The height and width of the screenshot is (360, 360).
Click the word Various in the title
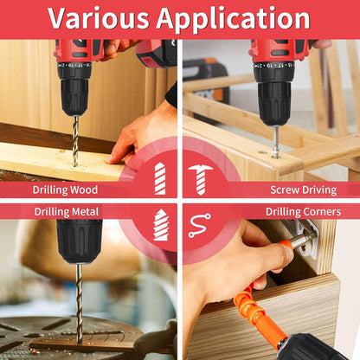coord(98,18)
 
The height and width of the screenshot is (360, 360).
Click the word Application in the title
coord(233,19)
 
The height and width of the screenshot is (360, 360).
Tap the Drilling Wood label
coord(65,190)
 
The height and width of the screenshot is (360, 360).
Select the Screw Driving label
coord(304,190)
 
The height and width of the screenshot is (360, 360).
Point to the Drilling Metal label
coord(67,212)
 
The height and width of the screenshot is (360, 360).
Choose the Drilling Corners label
coord(303,212)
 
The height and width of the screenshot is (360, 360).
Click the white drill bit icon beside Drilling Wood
coord(160,178)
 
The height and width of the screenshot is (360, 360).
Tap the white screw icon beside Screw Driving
coord(201,179)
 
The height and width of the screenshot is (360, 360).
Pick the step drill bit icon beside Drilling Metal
coord(160,225)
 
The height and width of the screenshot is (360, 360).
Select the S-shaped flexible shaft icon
coord(200,226)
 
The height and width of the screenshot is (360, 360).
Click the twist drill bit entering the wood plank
coord(75,141)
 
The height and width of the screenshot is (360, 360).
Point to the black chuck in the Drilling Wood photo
coord(74,93)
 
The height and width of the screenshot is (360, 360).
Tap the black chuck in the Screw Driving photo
coord(274,97)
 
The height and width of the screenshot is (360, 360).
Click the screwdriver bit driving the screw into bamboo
coord(276,141)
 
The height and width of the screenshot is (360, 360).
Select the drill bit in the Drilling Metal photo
coord(80,303)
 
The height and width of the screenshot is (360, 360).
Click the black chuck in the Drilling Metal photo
coord(79,241)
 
